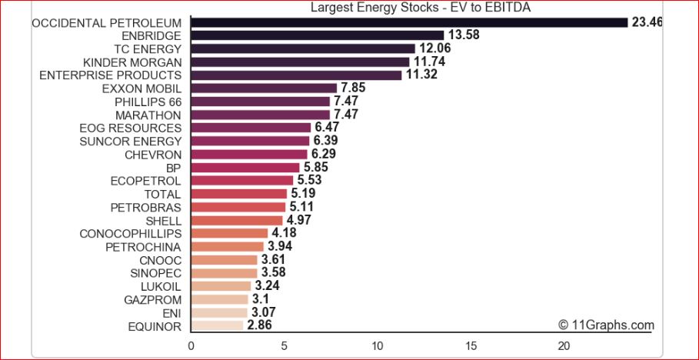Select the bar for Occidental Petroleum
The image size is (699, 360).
point(409,22)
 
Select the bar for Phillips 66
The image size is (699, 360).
point(260,102)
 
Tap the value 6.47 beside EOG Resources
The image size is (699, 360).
point(327,128)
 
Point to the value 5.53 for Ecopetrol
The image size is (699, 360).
point(309,181)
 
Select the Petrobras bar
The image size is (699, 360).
point(238,207)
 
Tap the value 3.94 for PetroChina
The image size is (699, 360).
point(280,247)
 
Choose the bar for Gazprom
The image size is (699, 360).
point(219,299)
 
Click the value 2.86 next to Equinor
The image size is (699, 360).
point(260,326)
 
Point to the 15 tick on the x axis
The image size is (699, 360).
point(471,345)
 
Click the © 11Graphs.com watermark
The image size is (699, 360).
point(606,325)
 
